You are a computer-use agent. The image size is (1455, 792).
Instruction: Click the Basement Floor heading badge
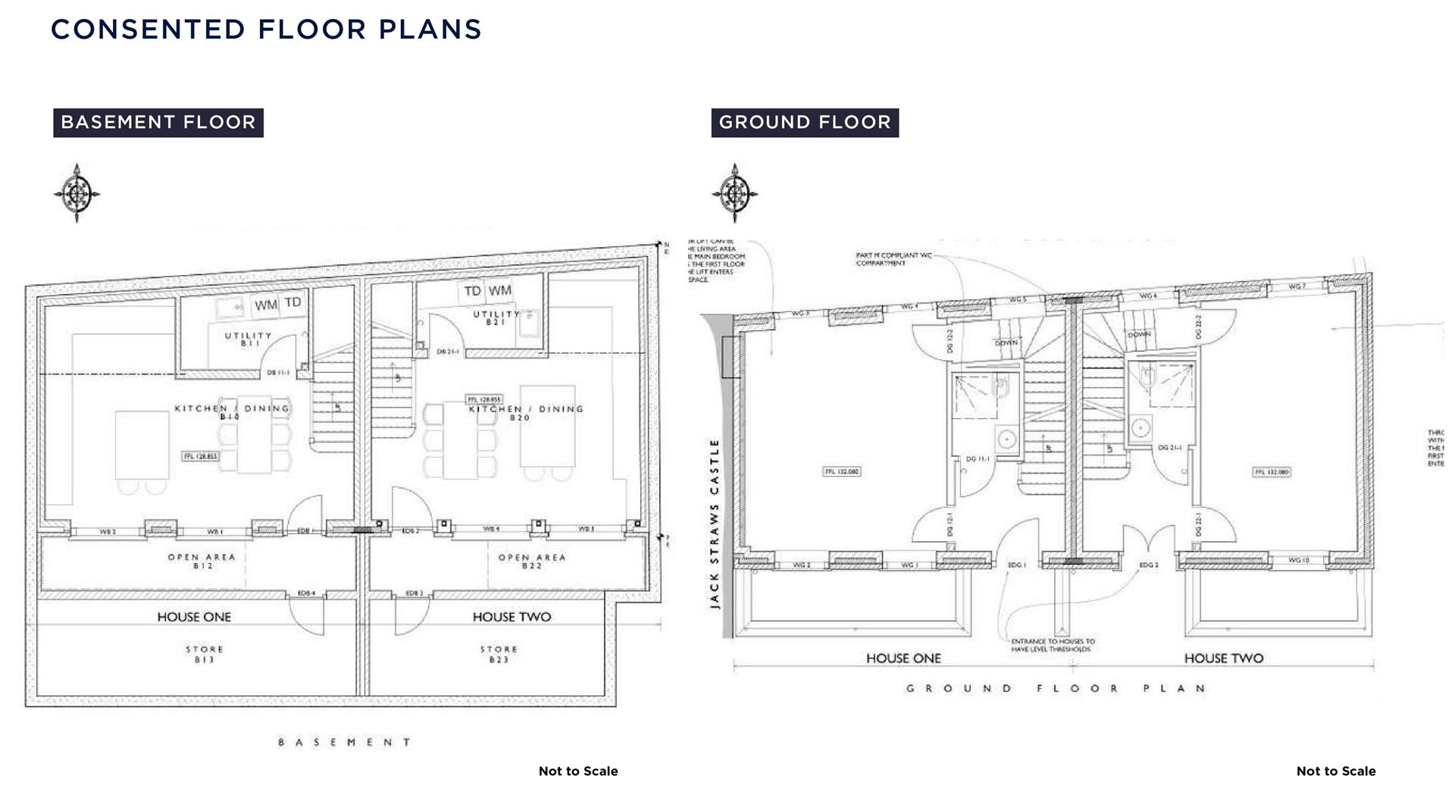pos(158,123)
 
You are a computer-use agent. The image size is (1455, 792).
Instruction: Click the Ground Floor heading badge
pos(804,123)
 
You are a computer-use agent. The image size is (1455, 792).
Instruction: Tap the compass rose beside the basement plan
pos(77,193)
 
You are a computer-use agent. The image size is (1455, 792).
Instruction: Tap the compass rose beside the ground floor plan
pos(734,193)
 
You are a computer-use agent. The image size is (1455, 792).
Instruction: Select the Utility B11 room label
pos(248,339)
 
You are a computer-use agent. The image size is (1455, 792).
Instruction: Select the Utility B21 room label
pos(496,318)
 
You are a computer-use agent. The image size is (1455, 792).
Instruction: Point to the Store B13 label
pos(205,654)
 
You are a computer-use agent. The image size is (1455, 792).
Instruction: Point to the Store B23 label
pos(499,654)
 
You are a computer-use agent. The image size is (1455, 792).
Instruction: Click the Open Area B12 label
pos(202,561)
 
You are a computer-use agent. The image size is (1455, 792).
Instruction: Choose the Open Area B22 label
pos(531,561)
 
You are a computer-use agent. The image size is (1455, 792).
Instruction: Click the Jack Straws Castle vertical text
pos(714,523)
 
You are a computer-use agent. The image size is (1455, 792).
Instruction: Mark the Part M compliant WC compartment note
pos(893,259)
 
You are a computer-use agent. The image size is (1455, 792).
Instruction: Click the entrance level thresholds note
pos(1052,645)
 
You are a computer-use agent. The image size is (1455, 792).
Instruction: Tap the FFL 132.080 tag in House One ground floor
pos(842,471)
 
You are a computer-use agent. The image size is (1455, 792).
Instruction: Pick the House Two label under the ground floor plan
pos(1223,659)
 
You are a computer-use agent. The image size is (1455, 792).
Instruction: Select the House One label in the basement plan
pos(194,617)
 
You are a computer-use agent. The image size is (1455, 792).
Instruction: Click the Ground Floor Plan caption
pos(1055,689)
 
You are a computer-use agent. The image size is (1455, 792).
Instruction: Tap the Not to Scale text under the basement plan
pos(577,771)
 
